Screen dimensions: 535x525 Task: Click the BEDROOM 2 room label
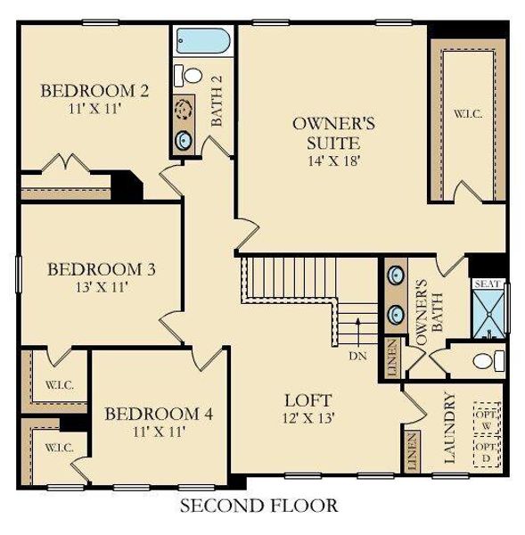click(94, 90)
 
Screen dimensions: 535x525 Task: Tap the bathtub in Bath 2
click(202, 41)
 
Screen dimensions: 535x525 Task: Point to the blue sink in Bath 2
click(185, 139)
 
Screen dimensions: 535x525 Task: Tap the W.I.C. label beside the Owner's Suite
click(465, 113)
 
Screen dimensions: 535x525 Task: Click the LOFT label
click(308, 399)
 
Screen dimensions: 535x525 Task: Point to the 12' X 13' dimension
click(308, 417)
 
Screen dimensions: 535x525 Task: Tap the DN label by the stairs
click(357, 355)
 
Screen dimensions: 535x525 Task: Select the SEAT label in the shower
click(486, 284)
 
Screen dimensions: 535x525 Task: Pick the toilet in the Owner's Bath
click(485, 360)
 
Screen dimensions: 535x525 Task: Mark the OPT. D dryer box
click(487, 452)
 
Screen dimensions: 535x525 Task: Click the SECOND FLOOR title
click(259, 506)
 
